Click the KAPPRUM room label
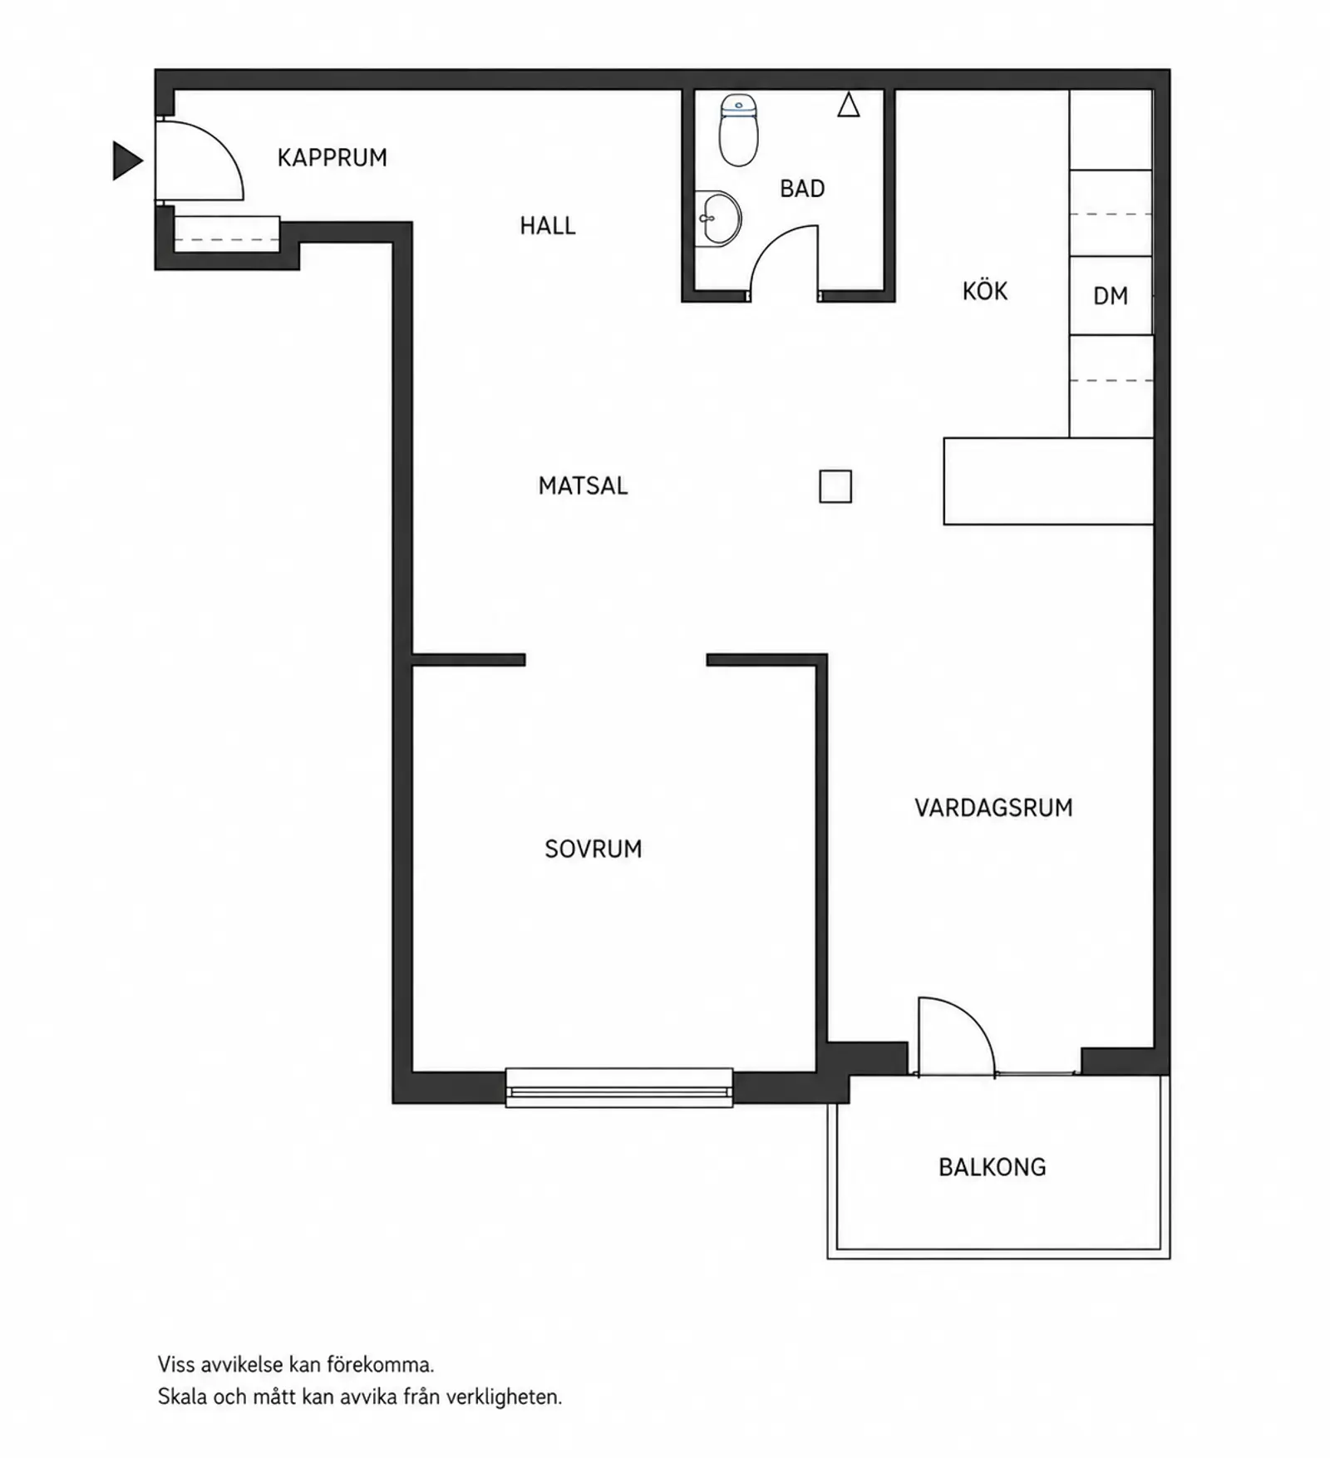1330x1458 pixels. (332, 158)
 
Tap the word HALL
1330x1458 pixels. (548, 225)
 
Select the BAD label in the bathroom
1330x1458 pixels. (802, 189)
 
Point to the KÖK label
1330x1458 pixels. (985, 290)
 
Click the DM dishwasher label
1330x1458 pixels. (1111, 296)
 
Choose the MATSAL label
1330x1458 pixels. (583, 485)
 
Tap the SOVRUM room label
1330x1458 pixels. (594, 849)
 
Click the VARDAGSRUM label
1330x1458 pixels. (993, 808)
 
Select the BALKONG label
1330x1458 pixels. (993, 1167)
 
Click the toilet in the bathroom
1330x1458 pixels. (738, 130)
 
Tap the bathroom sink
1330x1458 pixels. (717, 219)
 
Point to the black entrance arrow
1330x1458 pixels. (127, 160)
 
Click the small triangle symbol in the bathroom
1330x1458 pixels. (848, 105)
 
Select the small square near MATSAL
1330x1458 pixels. (835, 486)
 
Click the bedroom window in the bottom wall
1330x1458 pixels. (619, 1087)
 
